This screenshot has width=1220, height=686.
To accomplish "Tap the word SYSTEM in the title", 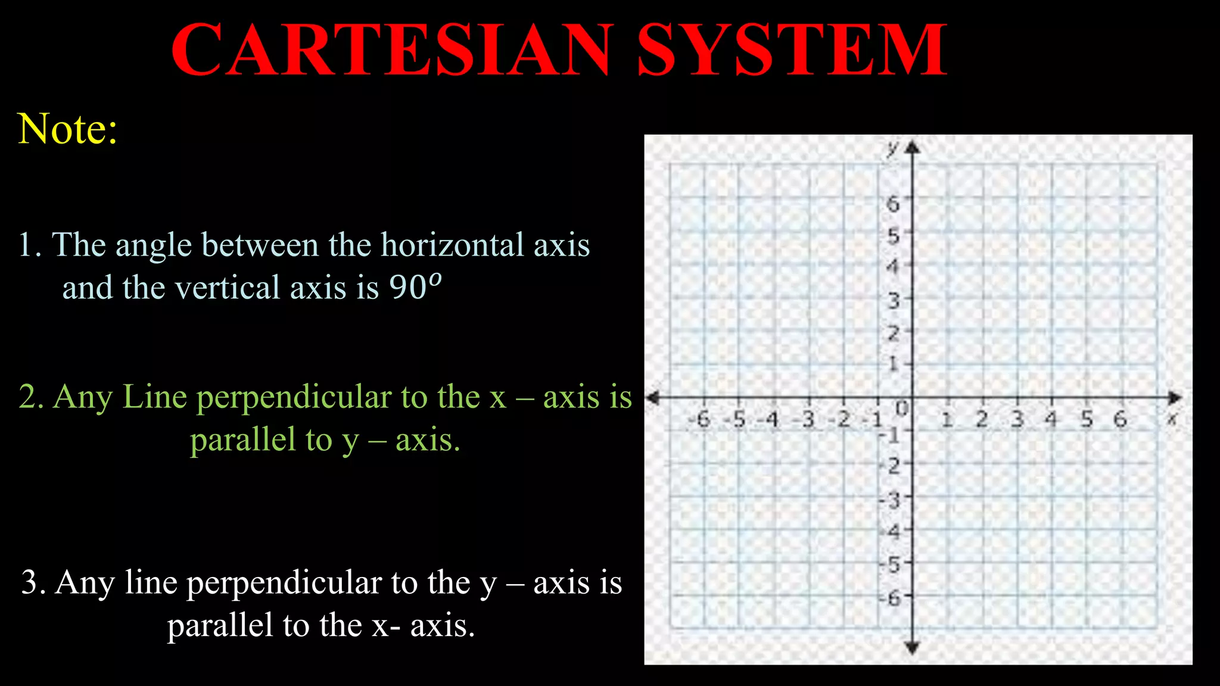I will [x=792, y=50].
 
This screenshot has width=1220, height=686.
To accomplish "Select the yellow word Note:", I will [x=67, y=129].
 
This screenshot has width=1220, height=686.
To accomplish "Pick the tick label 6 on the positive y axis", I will [x=892, y=204].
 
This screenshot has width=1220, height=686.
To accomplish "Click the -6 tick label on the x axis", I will [x=701, y=420].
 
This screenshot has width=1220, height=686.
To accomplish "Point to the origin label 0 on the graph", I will [x=902, y=409].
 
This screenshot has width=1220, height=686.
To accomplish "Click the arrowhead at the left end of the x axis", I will [x=653, y=398].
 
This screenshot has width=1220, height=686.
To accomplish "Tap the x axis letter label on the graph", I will [x=1171, y=419].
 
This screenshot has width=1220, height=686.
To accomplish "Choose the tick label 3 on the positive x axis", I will [x=1017, y=420].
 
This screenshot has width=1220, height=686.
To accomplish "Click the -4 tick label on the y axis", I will [x=892, y=531].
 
